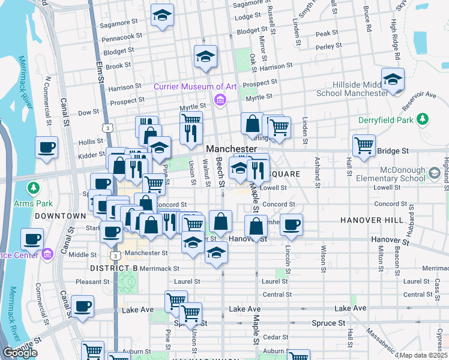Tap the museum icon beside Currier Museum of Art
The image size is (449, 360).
tap(220, 99)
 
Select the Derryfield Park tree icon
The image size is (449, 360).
tap(423, 119)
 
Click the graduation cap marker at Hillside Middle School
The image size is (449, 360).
tap(393, 80)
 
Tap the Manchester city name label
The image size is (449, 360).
tap(231, 148)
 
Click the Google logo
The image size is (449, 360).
tap(20, 353)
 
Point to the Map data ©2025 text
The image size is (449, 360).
tap(424, 355)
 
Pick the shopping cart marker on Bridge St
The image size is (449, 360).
tap(364, 145)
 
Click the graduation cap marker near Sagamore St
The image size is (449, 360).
tap(161, 16)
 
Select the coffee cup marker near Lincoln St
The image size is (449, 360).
tap(291, 225)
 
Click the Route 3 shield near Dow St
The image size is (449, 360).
tap(107, 127)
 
